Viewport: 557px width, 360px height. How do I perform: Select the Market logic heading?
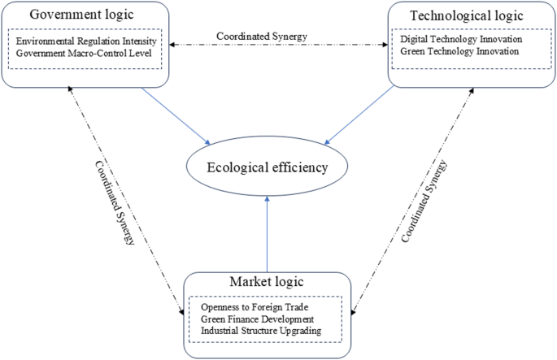click(268, 282)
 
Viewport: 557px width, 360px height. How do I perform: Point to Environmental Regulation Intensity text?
click(85, 41)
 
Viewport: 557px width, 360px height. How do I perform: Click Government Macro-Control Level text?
click(85, 53)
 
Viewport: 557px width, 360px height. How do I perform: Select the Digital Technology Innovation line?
click(461, 39)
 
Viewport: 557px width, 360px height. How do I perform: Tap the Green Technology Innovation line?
click(459, 52)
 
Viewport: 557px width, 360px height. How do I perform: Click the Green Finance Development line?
click(257, 319)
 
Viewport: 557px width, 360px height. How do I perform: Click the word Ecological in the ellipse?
click(240, 169)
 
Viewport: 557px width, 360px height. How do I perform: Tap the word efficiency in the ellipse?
click(301, 169)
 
